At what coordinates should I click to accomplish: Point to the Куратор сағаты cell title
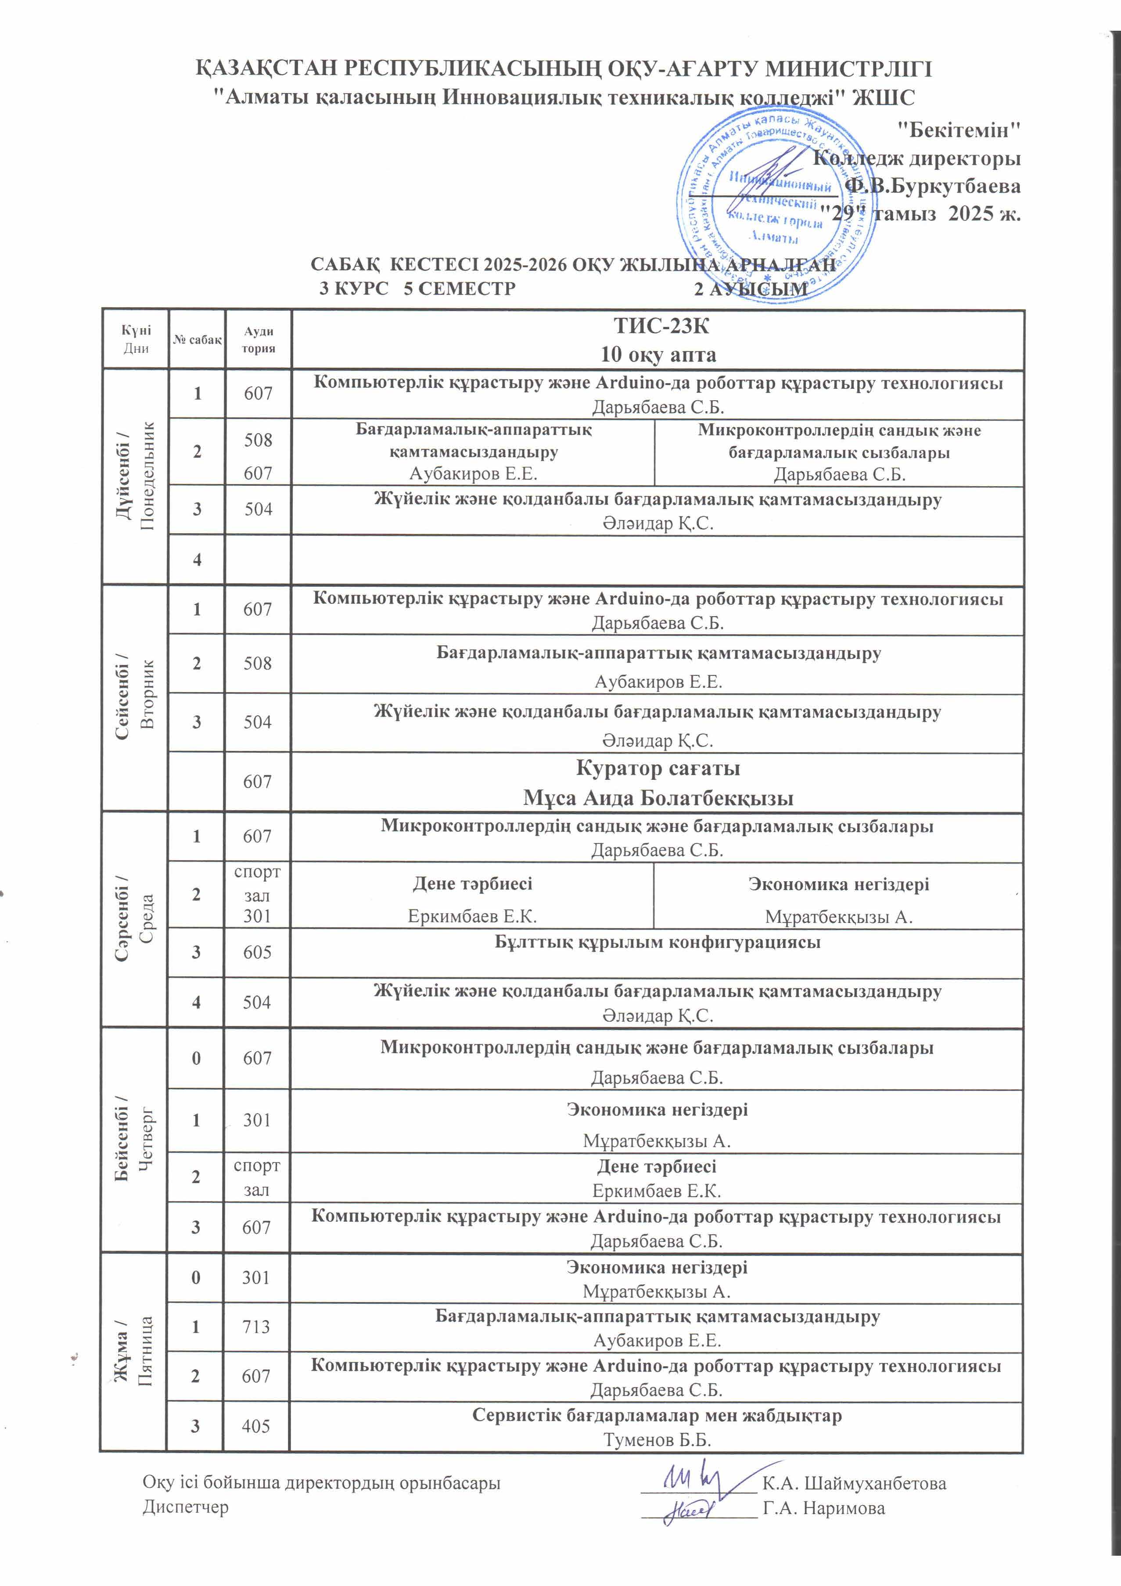click(658, 768)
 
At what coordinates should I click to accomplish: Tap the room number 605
click(256, 952)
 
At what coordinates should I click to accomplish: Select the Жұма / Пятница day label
click(133, 1350)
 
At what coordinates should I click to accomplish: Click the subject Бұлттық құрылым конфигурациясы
click(657, 942)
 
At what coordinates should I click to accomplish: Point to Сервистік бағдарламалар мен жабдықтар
click(657, 1415)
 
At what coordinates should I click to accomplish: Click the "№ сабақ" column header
click(197, 339)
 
